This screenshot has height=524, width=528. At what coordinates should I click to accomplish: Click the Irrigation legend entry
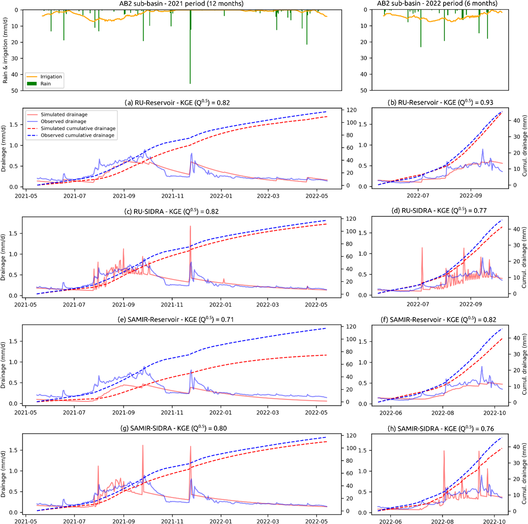click(51, 77)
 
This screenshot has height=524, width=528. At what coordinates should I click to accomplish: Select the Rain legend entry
click(45, 84)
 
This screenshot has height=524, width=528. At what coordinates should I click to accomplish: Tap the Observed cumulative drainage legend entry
click(77, 136)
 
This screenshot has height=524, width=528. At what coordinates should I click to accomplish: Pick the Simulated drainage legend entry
click(64, 115)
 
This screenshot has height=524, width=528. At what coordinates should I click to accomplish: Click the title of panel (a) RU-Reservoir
click(177, 103)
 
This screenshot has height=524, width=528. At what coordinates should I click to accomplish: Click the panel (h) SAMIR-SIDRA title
click(441, 429)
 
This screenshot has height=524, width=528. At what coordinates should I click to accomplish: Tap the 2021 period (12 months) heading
click(181, 4)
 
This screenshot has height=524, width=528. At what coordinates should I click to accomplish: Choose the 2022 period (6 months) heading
click(437, 4)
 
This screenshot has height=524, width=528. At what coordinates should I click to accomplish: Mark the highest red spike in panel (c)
click(190, 227)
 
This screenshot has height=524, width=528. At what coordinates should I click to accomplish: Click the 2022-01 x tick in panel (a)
click(221, 196)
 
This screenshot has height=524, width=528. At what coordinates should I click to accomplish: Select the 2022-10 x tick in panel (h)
click(495, 522)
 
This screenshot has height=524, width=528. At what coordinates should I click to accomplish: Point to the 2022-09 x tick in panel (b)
click(471, 196)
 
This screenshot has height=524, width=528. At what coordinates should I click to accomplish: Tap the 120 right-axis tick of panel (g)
click(351, 436)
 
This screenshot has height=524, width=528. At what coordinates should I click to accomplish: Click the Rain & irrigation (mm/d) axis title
click(5, 50)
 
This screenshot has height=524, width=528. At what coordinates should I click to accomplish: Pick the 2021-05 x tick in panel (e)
click(26, 413)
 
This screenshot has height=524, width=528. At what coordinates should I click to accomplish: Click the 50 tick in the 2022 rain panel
click(364, 91)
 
